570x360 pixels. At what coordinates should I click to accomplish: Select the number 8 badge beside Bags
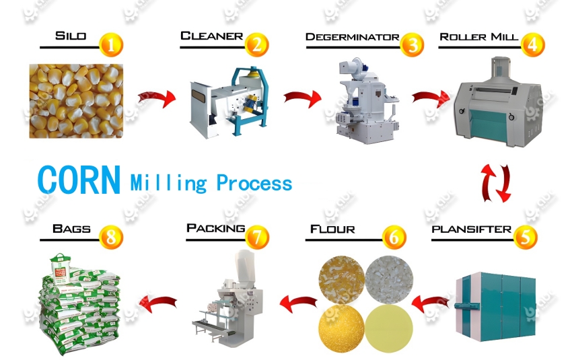click(x=112, y=237)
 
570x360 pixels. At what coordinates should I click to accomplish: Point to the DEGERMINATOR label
click(x=352, y=36)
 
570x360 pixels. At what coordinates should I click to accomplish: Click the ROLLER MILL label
click(x=478, y=36)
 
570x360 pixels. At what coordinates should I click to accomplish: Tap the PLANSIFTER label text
click(x=471, y=229)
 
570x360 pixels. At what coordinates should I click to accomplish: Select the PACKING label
click(x=215, y=229)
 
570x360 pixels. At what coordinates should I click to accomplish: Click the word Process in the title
click(x=254, y=183)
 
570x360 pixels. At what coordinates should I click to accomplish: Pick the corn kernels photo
click(x=76, y=100)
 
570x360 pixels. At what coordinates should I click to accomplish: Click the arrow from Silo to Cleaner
click(x=156, y=98)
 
